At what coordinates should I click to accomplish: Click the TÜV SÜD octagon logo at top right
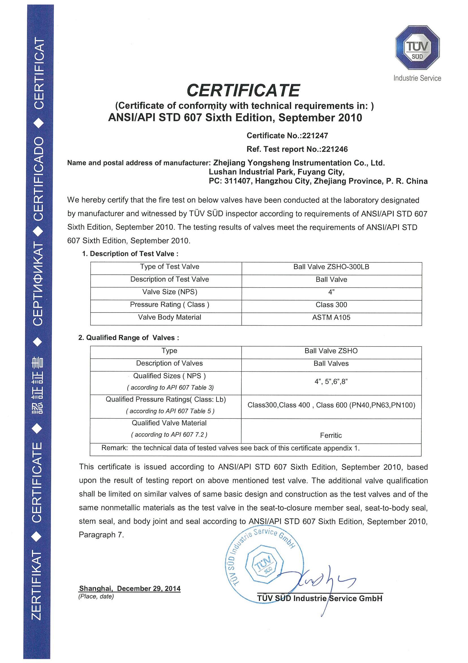(x=417, y=47)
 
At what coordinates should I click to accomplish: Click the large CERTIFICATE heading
(x=243, y=90)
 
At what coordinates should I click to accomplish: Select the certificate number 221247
(x=315, y=135)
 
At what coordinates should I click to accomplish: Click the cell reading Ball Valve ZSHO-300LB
(x=331, y=267)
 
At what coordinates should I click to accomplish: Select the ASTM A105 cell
(x=331, y=317)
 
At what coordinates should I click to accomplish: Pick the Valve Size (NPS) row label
(x=169, y=292)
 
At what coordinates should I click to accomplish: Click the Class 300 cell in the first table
(x=331, y=305)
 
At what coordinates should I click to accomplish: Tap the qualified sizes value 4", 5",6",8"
(x=331, y=382)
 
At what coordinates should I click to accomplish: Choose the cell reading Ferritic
(x=331, y=435)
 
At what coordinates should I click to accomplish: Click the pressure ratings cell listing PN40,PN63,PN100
(x=331, y=405)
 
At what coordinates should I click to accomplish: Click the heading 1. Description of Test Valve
(x=130, y=254)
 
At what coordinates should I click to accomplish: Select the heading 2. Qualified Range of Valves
(x=129, y=337)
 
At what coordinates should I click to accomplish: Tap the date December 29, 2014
(x=149, y=588)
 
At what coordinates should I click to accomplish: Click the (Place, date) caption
(x=96, y=596)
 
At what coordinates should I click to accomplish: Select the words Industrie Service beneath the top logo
(x=417, y=78)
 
